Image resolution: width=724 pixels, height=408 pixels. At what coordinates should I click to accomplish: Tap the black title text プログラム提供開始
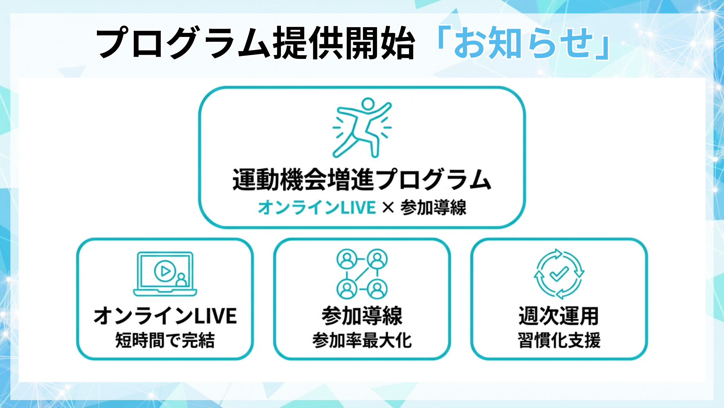[x=255, y=43]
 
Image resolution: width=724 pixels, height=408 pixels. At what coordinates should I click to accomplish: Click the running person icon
[x=362, y=127]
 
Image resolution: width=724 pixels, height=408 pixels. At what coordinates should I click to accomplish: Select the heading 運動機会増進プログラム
[x=362, y=179]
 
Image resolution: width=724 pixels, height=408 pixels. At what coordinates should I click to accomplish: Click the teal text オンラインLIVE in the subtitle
[x=317, y=208]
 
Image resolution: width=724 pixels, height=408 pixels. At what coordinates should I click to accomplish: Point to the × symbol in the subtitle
[x=388, y=208]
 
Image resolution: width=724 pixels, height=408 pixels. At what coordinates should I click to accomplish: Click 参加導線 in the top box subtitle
[x=433, y=208]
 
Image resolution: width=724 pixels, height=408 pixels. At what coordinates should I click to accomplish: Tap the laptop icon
[x=165, y=274]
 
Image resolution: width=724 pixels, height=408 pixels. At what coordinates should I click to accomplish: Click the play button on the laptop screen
[x=165, y=271]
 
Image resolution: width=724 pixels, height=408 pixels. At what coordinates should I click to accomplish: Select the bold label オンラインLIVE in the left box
[x=165, y=316]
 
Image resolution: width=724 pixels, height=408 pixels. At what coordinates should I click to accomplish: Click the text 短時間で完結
[x=165, y=340]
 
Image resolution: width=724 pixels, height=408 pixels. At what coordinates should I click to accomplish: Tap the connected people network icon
[x=362, y=274]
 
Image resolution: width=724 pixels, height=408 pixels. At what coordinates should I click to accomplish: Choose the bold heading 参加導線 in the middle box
[x=362, y=316]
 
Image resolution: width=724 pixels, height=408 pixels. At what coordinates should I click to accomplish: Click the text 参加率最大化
[x=362, y=340]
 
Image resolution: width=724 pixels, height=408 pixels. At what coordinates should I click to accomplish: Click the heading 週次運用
[x=559, y=316]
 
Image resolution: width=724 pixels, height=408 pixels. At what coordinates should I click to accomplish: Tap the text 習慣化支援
[x=559, y=340]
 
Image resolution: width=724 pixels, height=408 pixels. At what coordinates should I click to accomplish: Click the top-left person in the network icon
[x=347, y=259]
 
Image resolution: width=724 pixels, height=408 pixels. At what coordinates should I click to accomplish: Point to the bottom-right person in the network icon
[x=377, y=289]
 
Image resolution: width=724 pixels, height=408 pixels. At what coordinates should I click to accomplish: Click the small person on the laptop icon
[x=181, y=280]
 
